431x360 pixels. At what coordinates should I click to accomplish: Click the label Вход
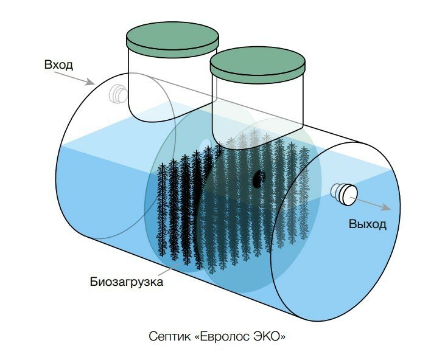(58, 64)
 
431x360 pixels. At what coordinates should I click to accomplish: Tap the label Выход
(368, 224)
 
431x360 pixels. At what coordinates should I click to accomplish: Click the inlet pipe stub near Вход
(117, 93)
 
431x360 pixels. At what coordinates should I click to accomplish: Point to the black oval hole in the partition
(259, 178)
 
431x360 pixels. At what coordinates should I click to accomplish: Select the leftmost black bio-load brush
(161, 207)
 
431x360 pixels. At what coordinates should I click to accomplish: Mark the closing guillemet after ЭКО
(282, 336)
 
